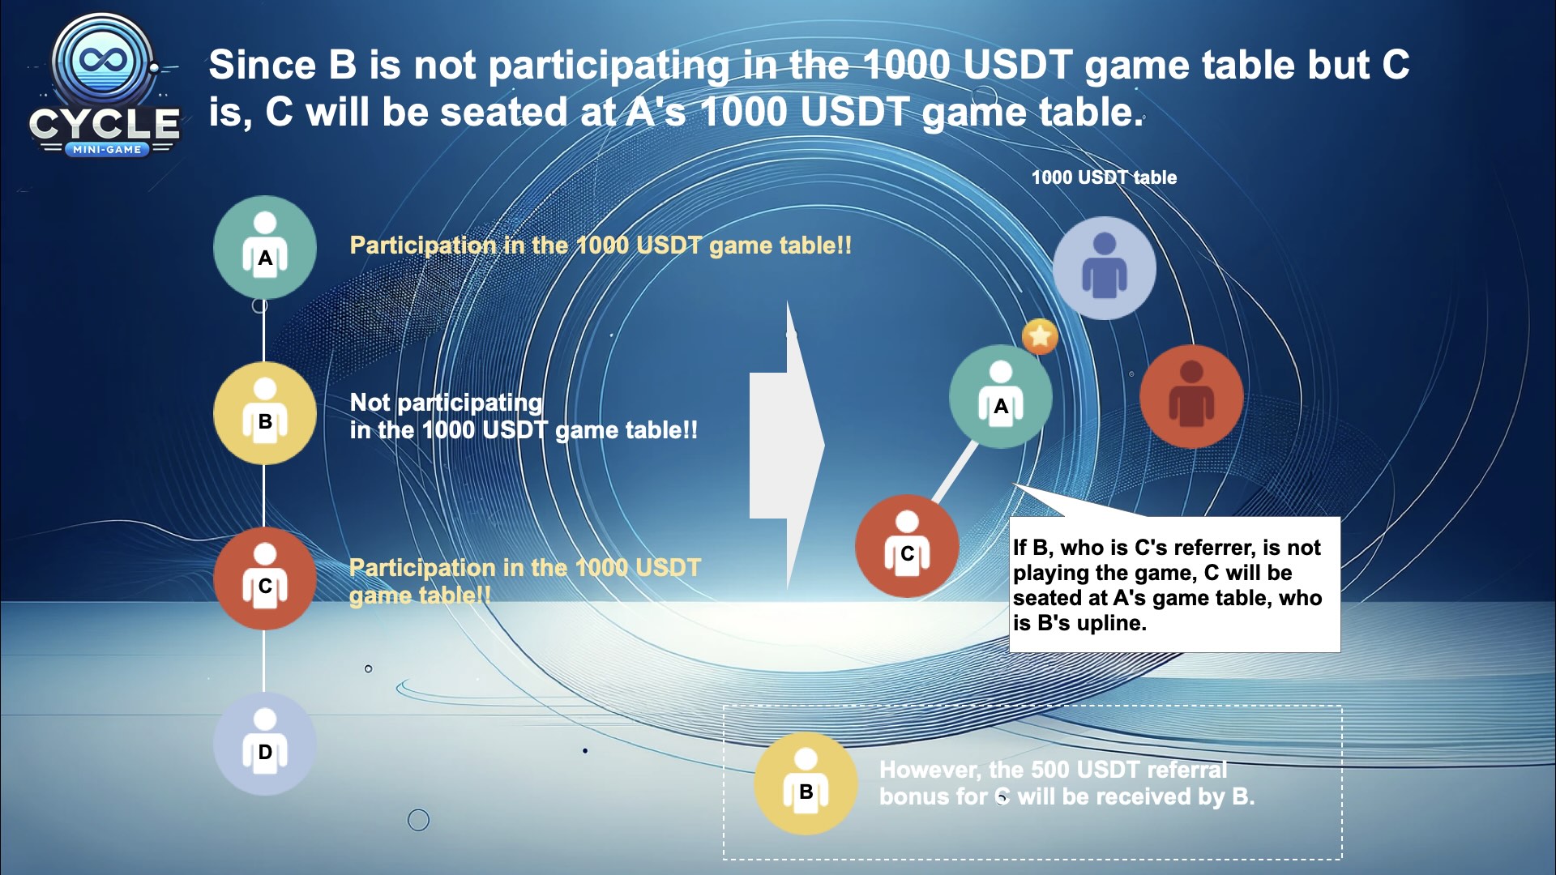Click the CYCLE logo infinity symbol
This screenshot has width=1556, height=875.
click(101, 60)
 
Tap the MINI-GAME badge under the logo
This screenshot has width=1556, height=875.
click(107, 149)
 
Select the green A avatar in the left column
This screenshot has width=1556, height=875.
click(265, 247)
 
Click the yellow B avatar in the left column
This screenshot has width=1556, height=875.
click(265, 413)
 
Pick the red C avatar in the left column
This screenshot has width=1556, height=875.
click(265, 578)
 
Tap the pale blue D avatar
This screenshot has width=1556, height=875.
click(265, 744)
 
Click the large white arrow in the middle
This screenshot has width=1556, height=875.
click(787, 445)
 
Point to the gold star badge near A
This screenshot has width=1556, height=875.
click(1040, 336)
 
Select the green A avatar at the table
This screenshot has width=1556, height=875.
click(1001, 397)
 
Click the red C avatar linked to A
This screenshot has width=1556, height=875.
click(907, 546)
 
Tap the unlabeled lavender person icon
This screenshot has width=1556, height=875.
click(1105, 268)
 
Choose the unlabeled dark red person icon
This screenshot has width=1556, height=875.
click(1191, 397)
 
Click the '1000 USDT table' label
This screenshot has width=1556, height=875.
click(1104, 177)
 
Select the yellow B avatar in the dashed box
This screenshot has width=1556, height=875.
click(806, 783)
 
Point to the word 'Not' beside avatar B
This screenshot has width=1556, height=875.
click(370, 402)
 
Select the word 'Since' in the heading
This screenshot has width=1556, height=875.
click(263, 65)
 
